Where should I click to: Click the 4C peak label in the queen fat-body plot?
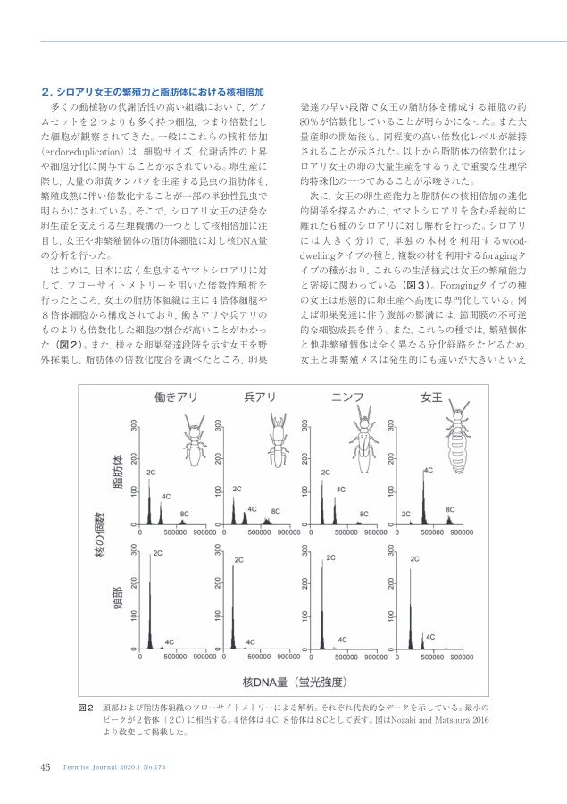click(x=429, y=469)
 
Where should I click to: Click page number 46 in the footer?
click(x=45, y=766)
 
